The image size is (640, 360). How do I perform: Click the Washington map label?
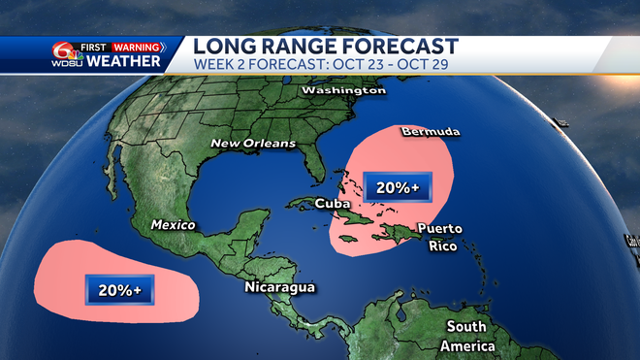pos(343,90)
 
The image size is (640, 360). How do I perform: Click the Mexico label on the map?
pos(173,225)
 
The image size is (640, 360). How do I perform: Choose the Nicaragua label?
pos(280,288)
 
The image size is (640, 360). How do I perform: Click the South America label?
pos(467,336)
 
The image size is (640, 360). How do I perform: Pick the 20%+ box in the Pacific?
pos(118,288)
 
